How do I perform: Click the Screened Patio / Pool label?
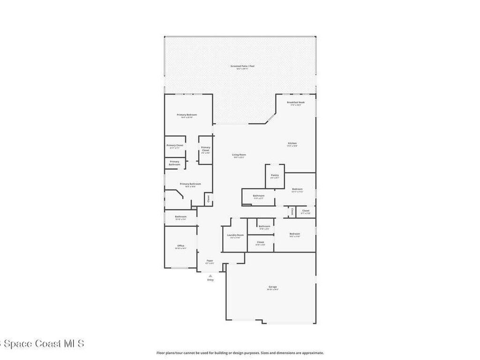242,66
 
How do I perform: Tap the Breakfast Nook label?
296,102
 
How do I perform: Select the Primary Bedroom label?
187,115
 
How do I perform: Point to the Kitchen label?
292,143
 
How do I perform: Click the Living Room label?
239,155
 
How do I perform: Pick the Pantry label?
275,175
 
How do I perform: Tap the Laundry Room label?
235,235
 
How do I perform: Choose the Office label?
180,246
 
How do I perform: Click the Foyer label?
210,260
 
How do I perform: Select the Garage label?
272,287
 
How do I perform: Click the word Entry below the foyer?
210,280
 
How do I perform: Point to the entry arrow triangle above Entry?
210,276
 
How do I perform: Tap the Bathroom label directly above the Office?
180,217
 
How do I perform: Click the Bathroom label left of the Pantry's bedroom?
259,195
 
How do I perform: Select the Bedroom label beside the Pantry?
297,189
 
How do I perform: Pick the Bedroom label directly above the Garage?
294,234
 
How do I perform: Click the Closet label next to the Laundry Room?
261,242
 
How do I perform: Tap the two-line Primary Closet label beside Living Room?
205,149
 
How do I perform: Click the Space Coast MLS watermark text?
42,344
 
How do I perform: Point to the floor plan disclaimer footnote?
240,353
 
